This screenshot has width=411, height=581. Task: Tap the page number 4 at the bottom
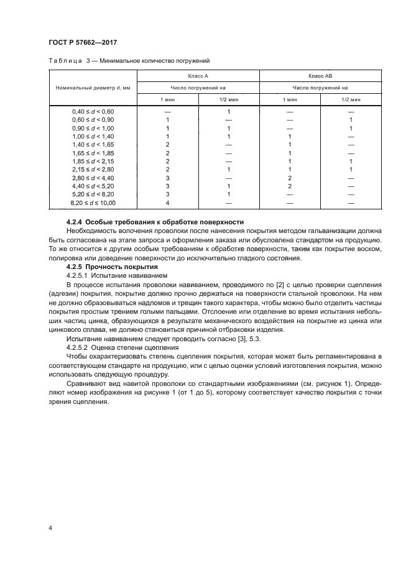(x=51, y=528)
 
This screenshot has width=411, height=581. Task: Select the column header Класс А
(x=198, y=76)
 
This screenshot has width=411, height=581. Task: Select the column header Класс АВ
(x=320, y=76)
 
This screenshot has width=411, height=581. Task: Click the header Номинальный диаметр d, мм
(x=93, y=88)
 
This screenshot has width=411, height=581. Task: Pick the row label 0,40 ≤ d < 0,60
(x=93, y=111)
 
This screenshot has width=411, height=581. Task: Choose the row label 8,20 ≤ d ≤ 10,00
(x=93, y=203)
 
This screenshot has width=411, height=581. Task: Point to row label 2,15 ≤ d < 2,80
(x=93, y=170)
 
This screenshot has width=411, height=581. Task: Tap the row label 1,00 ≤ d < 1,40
(x=93, y=136)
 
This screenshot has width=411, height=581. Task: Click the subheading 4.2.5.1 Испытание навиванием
(x=109, y=275)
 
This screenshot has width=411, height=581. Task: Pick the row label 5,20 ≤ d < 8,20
(x=93, y=194)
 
